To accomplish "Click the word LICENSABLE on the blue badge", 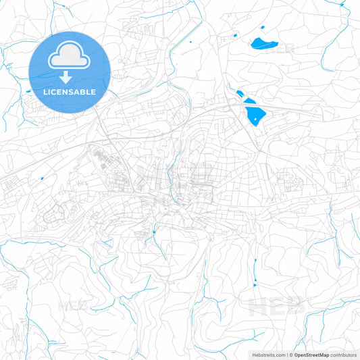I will tap(70, 91).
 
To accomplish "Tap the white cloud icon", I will tap(70, 57).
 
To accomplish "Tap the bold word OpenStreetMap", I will tap(311, 355).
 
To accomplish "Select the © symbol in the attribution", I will tap(290, 355).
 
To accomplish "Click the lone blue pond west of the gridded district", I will tap(42, 178).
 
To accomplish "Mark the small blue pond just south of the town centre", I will tap(154, 232).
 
